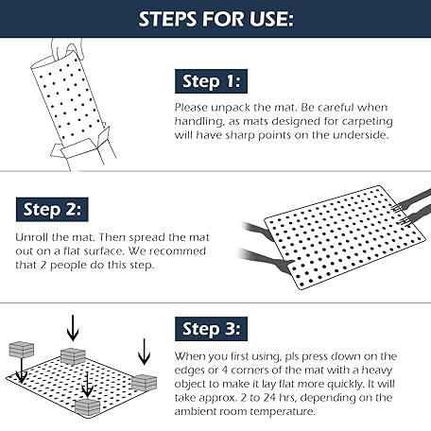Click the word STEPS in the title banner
pos(167,19)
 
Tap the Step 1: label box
pos(211,81)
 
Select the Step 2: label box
pos(52,210)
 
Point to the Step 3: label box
pos(211,329)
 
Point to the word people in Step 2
pos(69,265)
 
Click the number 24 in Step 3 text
pos(269,398)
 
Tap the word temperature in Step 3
pos(283,412)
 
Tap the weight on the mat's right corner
pos(144,383)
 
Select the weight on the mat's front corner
pos(87,407)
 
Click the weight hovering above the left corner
pos(22,350)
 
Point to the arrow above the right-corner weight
pos(144,352)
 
